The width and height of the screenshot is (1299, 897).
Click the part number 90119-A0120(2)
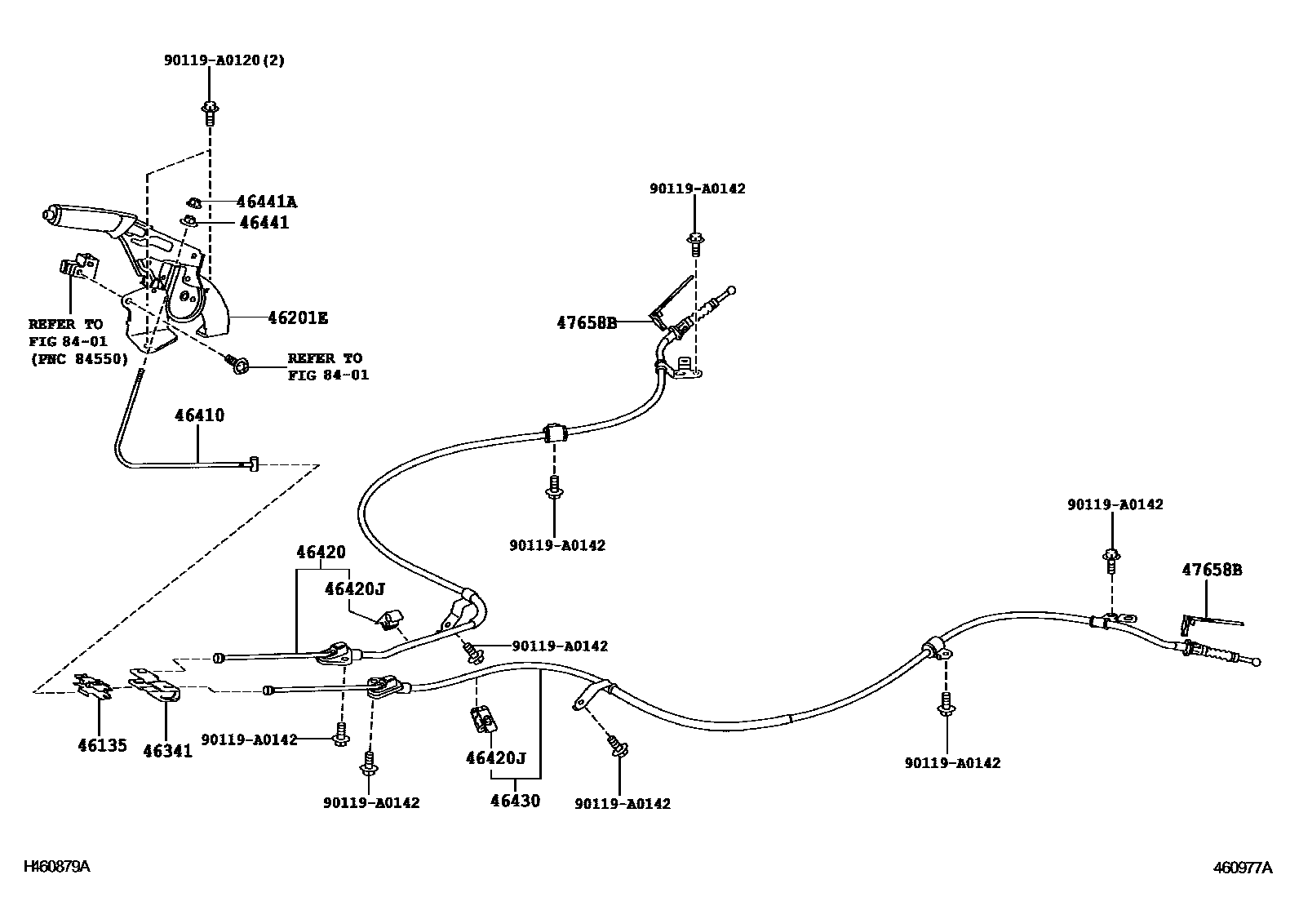coord(224,60)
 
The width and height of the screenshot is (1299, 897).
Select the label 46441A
coord(266,202)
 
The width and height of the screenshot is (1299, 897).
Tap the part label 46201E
coord(298,318)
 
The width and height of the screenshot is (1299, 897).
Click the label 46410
coord(199,415)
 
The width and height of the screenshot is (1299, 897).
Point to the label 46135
coord(102,745)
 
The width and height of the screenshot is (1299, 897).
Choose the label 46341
coord(167,751)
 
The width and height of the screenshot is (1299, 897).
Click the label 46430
coord(515,801)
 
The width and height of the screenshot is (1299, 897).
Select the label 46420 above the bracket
coord(321,552)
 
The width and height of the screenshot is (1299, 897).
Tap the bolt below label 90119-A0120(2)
coord(210,113)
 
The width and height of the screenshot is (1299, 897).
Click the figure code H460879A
coord(57,867)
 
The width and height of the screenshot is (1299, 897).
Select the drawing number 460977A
coord(1243,868)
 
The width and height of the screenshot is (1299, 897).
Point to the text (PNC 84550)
coord(79,359)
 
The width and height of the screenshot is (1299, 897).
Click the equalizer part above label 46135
coord(93,686)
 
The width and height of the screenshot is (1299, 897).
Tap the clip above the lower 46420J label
coord(484,719)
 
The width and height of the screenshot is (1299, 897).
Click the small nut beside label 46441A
coord(193,202)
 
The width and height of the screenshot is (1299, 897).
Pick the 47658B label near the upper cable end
coord(587,322)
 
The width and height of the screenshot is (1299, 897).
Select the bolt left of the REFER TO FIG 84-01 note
coord(237,364)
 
